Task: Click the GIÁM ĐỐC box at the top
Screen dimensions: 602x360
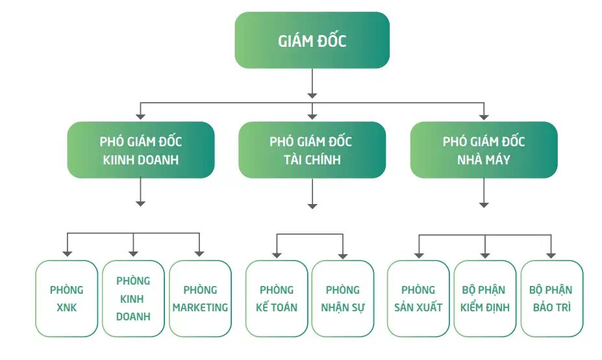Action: tap(312, 40)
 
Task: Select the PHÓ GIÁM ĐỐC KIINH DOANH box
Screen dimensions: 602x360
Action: tap(141, 150)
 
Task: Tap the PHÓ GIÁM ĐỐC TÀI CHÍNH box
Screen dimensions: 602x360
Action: tap(312, 150)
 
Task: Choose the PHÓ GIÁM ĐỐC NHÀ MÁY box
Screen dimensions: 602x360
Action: tap(484, 150)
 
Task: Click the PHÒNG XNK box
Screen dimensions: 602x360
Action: tap(67, 298)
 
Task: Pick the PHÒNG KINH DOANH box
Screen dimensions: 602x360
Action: tap(133, 298)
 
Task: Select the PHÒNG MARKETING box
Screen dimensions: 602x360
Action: tap(200, 298)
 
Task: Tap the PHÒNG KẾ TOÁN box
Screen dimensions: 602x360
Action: tap(277, 298)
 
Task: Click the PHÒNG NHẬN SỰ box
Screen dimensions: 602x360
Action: tap(343, 298)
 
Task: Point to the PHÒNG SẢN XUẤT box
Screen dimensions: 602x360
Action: tap(418, 298)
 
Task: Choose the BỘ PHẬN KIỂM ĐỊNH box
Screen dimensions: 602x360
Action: tap(485, 298)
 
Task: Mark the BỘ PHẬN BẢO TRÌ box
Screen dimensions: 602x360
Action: tap(552, 298)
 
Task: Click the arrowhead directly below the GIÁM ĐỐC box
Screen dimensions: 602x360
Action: tap(312, 96)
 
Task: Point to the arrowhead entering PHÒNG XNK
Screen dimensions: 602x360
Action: tap(67, 254)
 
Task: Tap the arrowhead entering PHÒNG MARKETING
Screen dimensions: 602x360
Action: tap(199, 254)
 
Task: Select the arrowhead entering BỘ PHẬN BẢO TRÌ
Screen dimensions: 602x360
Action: tap(551, 255)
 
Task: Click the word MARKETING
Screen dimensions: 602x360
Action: tap(200, 307)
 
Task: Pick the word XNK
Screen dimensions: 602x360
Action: tap(67, 307)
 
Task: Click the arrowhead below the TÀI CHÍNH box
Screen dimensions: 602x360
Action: tap(312, 207)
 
